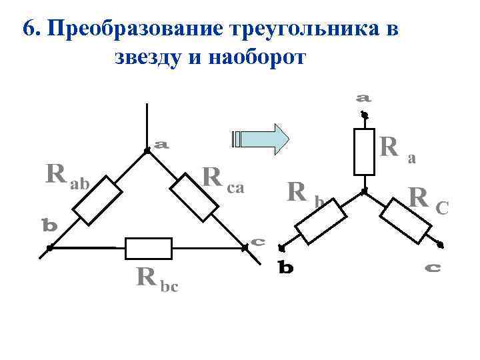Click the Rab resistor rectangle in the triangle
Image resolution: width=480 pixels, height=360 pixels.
click(x=98, y=201)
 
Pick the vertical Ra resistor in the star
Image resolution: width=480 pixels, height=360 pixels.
click(x=364, y=152)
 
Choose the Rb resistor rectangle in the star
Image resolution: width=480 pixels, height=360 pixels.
click(x=320, y=221)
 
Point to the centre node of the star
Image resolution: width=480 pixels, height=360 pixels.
click(x=364, y=192)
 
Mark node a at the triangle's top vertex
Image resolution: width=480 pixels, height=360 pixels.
click(x=146, y=151)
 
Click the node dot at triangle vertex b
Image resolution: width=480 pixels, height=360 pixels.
click(x=49, y=249)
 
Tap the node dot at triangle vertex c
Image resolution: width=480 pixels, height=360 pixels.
click(x=245, y=247)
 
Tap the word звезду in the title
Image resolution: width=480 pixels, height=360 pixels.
click(x=149, y=57)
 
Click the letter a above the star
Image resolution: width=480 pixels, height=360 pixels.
click(x=363, y=97)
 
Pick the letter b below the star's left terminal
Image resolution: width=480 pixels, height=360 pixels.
click(x=285, y=268)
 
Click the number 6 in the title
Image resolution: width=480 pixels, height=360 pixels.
click(x=28, y=29)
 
